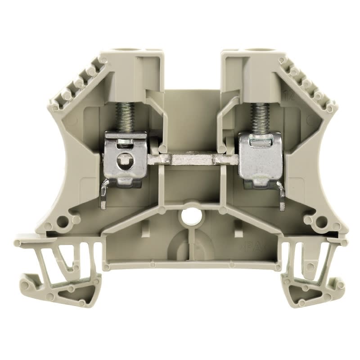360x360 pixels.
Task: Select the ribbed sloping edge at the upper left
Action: coord(79,83)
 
